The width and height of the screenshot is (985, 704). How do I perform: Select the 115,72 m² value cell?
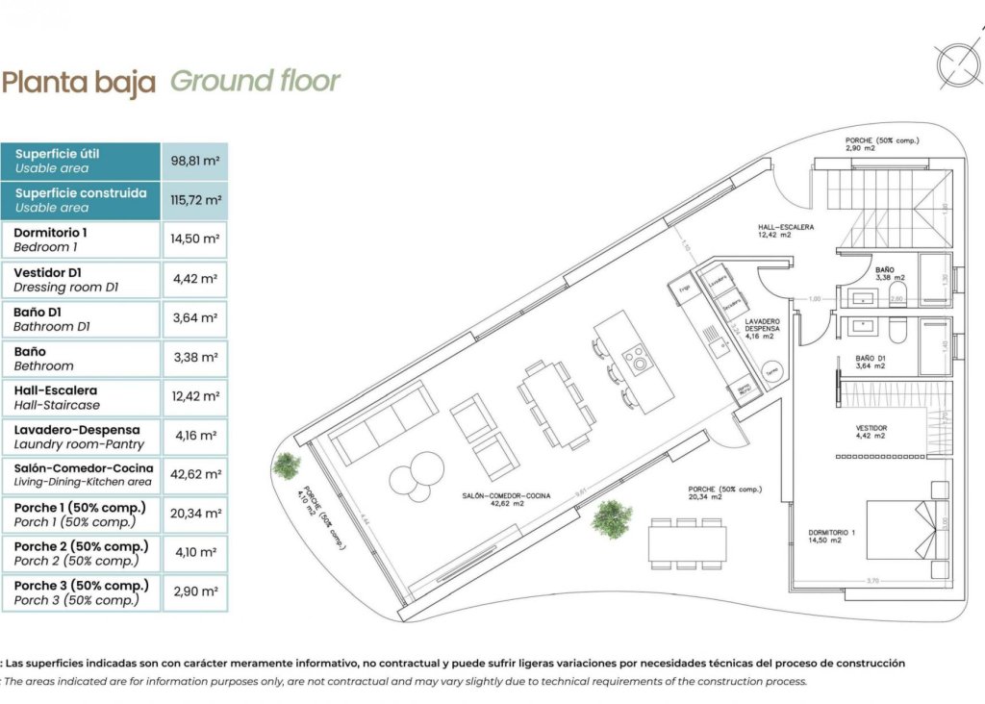tap(195, 200)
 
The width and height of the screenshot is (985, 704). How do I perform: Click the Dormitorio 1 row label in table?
tap(81, 239)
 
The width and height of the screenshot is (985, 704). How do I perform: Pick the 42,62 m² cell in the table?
tap(195, 474)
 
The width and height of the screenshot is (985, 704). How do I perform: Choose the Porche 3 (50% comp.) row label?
tap(81, 592)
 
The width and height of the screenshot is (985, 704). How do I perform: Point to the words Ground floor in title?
tap(255, 81)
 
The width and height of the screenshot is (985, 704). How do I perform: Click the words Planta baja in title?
tap(79, 83)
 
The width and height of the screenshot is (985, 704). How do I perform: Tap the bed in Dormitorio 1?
tap(907, 529)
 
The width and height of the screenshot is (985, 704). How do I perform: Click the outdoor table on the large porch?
tap(687, 542)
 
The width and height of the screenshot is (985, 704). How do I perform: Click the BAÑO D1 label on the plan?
tap(871, 362)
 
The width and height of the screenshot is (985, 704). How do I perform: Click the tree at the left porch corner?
tap(286, 465)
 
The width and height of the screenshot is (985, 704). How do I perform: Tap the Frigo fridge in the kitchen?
tap(684, 288)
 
